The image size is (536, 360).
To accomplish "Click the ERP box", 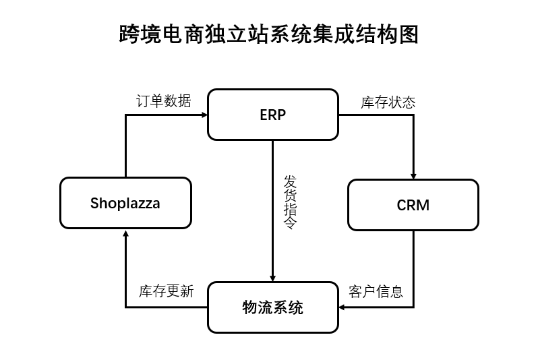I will (x=272, y=115).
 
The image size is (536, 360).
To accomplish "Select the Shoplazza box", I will (x=125, y=202).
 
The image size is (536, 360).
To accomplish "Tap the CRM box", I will (x=413, y=204).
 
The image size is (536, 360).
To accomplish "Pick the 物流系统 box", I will (x=272, y=307).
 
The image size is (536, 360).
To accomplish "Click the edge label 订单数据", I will (x=164, y=101).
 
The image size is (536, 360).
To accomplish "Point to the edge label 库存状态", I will (x=388, y=102).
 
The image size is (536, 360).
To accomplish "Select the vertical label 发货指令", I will (x=290, y=203).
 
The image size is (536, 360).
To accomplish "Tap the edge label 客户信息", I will (x=376, y=291).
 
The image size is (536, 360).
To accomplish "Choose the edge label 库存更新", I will (x=166, y=291).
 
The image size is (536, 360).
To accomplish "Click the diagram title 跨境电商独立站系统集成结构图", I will (x=268, y=34).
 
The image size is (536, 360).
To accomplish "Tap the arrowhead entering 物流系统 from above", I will (x=272, y=278).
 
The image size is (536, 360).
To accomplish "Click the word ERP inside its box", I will (x=272, y=115).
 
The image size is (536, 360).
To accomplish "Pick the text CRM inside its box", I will (x=413, y=205).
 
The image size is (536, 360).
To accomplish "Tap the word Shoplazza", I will (x=125, y=202).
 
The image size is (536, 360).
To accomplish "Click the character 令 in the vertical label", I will (x=290, y=224).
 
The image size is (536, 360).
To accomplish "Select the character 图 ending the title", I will (x=408, y=34).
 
